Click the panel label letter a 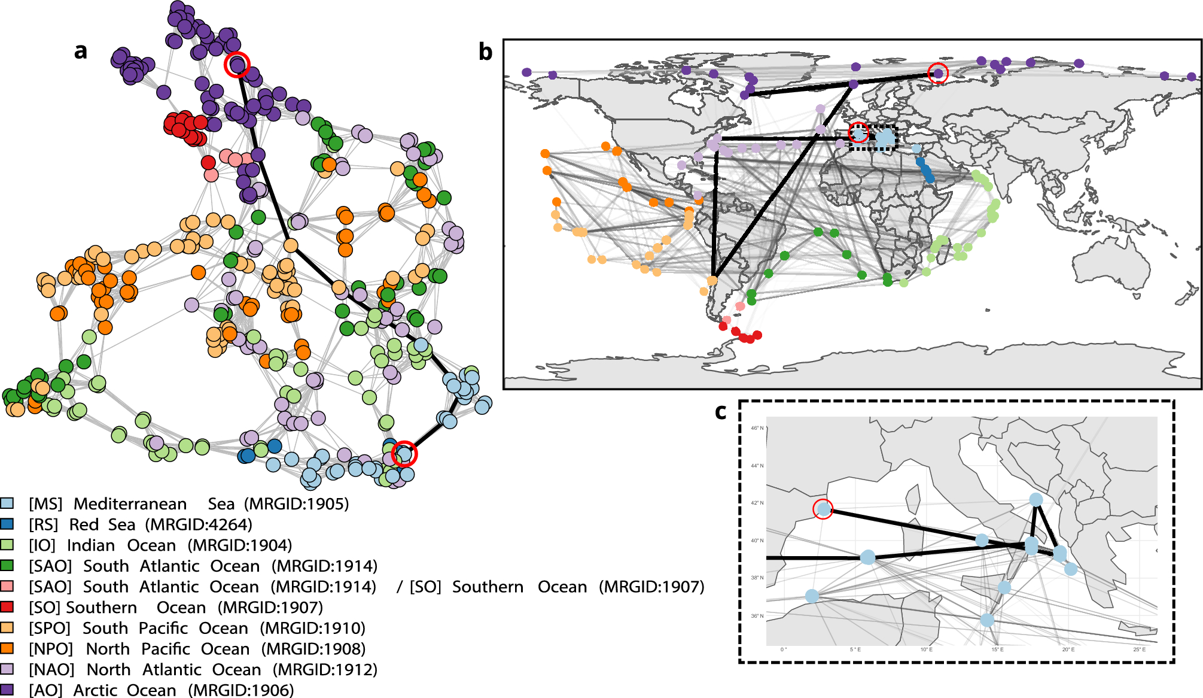tap(81, 51)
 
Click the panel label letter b tap(486, 53)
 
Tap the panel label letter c tap(721, 412)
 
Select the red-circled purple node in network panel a tap(237, 64)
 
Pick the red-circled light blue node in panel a tap(404, 454)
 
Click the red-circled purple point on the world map tap(938, 73)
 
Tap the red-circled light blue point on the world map tap(858, 133)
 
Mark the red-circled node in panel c tap(824, 509)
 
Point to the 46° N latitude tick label tap(757, 428)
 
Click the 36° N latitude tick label tap(757, 615)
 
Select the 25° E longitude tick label tap(1139, 650)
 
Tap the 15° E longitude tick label tap(997, 650)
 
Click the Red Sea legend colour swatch tap(7, 524)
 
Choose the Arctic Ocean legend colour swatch tap(7, 690)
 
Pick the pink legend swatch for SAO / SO tap(7, 586)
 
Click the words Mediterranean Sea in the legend tap(154, 504)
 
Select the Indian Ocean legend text tap(121, 545)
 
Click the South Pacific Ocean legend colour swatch tap(7, 627)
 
